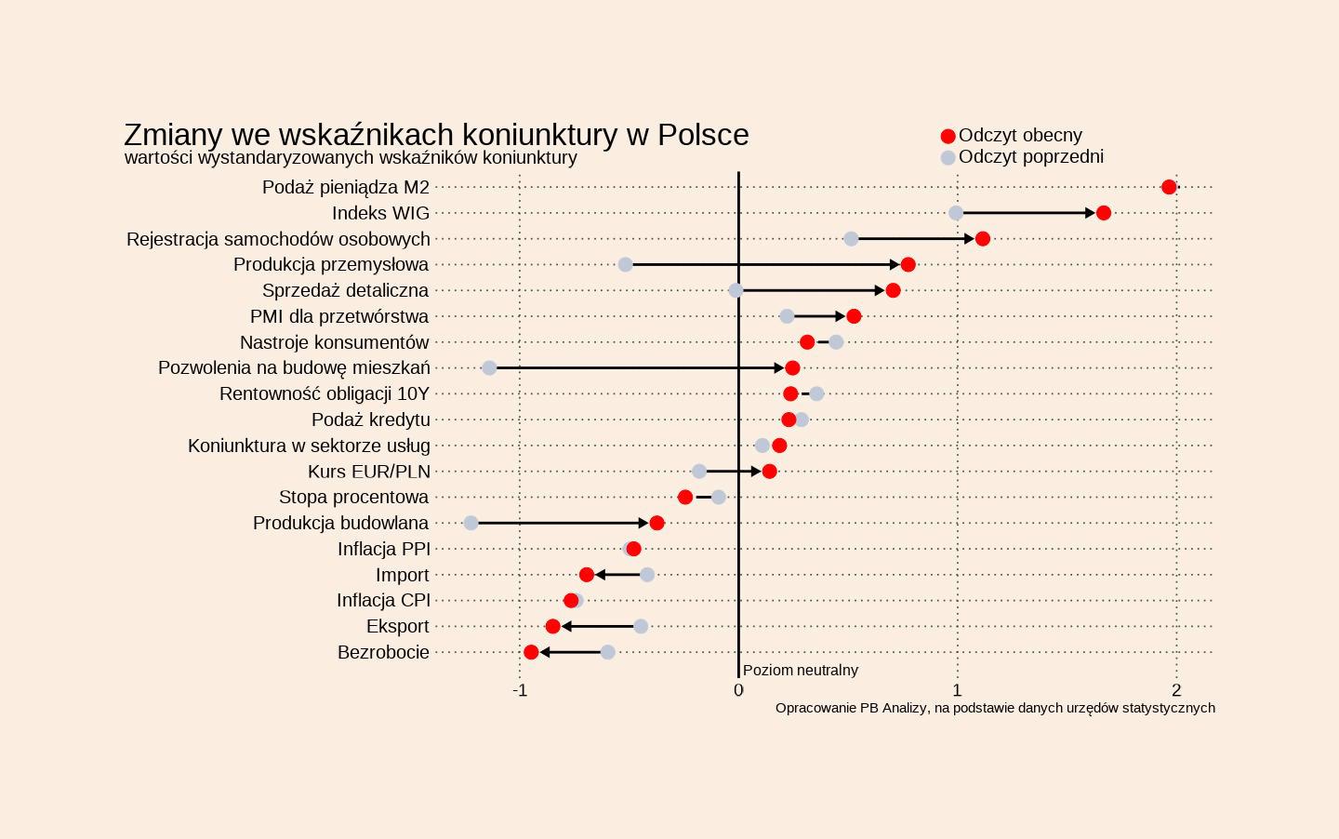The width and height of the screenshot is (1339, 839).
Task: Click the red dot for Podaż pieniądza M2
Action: click(1169, 187)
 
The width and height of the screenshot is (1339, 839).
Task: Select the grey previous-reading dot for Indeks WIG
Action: click(956, 213)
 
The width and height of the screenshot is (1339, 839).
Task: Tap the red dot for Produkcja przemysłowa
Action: click(908, 265)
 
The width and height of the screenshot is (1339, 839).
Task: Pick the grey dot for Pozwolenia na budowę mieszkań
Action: click(489, 368)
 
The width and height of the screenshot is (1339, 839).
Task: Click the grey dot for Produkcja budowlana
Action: click(471, 523)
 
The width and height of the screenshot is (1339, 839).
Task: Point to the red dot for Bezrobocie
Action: click(531, 652)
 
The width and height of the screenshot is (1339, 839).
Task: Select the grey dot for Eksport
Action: click(641, 626)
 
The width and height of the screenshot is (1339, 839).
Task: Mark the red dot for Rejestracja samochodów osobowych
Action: click(983, 239)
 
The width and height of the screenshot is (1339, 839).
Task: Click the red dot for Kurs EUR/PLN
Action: click(769, 472)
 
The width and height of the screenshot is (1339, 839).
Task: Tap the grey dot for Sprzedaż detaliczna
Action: click(736, 290)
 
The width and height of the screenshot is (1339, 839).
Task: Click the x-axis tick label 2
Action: click(1176, 690)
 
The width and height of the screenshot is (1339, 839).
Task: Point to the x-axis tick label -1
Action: click(520, 690)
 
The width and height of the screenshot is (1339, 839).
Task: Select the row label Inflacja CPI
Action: click(383, 600)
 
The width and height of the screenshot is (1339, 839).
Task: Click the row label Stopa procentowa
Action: click(353, 497)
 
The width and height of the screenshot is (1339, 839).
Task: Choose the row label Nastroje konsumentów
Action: click(334, 342)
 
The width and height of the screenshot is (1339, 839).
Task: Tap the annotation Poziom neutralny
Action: click(800, 670)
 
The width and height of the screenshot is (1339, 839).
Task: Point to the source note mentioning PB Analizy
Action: click(995, 708)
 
